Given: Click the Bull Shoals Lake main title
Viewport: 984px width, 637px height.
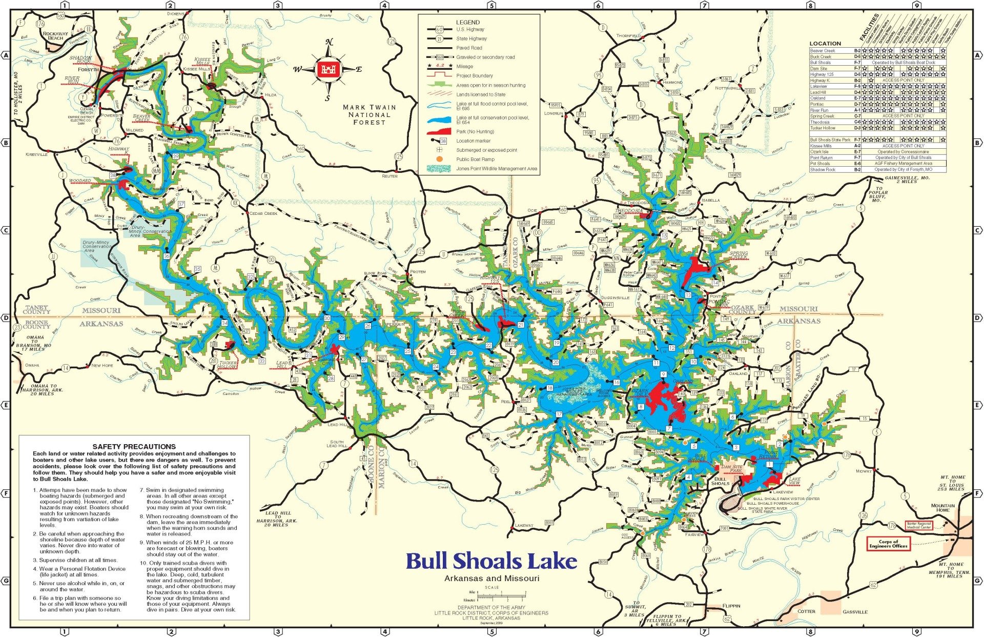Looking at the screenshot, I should [491, 561].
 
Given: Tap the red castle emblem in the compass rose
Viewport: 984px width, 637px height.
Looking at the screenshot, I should [326, 70].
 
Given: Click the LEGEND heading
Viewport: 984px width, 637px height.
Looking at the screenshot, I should [468, 23].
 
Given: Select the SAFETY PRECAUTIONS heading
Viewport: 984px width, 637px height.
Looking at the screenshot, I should [134, 446].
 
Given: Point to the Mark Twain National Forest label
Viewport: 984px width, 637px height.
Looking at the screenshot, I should [369, 115].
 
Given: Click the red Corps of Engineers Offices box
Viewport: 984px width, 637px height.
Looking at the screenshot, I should [888, 544].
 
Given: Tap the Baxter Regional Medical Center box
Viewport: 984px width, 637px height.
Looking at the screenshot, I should [919, 525].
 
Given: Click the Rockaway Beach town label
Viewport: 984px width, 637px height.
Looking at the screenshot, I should [55, 36].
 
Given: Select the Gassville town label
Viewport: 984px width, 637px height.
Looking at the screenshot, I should [855, 612].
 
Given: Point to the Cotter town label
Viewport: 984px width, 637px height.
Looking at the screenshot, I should [806, 611].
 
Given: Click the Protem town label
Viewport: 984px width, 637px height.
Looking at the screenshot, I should [418, 271].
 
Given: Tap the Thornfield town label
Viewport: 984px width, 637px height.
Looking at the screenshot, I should [628, 36].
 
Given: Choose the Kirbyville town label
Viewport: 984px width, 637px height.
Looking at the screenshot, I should [36, 154].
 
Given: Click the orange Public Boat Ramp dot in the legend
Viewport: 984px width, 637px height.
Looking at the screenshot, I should [439, 160].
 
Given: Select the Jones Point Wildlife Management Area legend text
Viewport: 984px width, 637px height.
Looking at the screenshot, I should [497, 169].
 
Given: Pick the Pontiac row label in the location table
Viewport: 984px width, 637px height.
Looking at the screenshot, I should [817, 104].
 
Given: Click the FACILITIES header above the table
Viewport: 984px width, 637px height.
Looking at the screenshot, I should [869, 29].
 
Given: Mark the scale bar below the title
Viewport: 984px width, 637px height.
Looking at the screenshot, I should [501, 595].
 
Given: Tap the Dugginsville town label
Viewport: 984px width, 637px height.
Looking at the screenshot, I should [615, 297].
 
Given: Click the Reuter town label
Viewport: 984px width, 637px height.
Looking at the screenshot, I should [389, 176].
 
